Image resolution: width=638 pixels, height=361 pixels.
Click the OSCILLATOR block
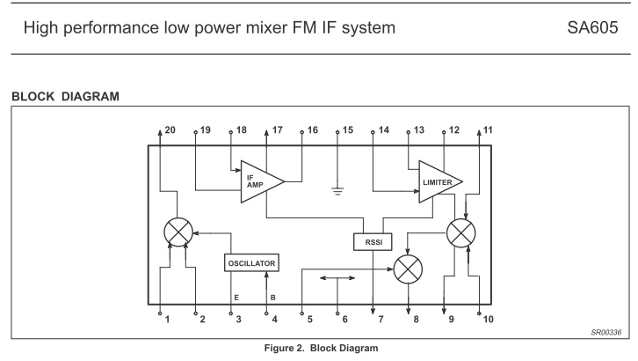[x=252, y=263]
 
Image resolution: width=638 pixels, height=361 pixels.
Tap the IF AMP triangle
[x=261, y=182]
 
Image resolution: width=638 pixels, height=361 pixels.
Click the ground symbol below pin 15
[x=338, y=189]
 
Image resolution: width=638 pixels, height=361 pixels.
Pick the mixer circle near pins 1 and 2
[x=179, y=232]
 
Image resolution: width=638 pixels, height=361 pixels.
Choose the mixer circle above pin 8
[x=409, y=269]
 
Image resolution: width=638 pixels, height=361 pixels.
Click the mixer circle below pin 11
[x=462, y=232]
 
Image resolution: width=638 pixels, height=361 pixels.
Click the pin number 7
[x=381, y=319]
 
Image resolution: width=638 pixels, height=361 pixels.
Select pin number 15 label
[x=347, y=130]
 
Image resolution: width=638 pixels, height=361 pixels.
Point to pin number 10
[x=488, y=319]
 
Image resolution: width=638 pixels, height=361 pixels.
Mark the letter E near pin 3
[x=237, y=298]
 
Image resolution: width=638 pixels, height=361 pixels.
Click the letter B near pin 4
[x=272, y=298]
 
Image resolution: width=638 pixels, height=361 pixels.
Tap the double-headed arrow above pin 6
[x=337, y=278]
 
